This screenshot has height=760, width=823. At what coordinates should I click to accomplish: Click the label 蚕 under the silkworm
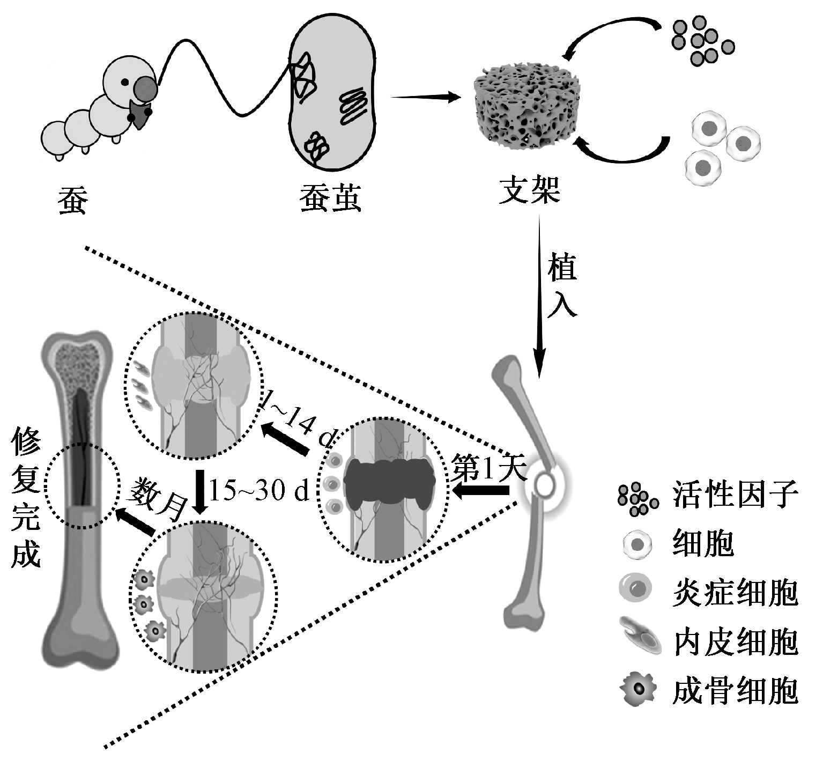[72, 200]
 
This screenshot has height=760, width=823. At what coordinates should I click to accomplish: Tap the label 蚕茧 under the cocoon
[330, 198]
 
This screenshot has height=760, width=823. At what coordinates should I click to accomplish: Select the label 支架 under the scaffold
[529, 190]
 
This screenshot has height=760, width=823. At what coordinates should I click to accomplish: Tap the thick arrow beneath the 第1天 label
[481, 490]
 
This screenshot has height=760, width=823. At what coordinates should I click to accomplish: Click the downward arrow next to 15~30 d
[201, 491]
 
